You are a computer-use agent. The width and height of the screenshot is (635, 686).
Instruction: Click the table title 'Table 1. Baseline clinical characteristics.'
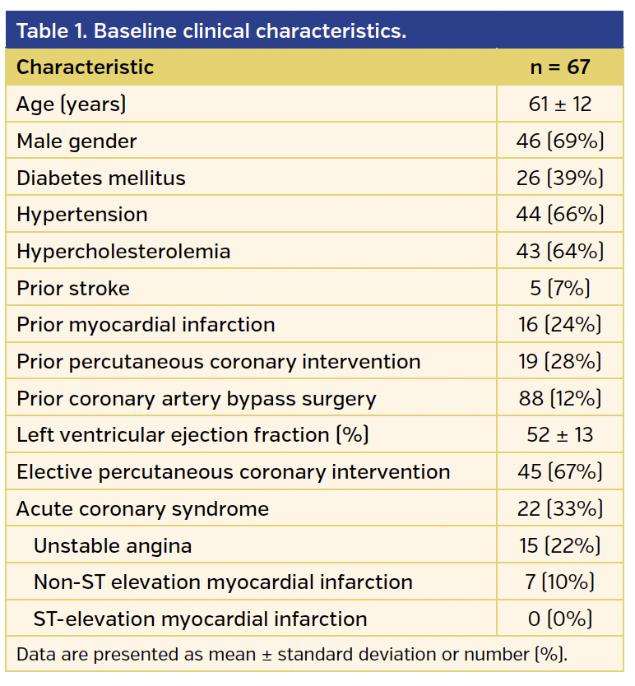click(x=211, y=31)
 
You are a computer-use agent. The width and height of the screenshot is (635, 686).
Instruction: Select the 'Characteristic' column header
click(x=86, y=67)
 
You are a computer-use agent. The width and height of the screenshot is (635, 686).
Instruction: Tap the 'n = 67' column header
click(x=559, y=67)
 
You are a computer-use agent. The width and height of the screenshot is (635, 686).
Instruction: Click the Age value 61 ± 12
click(x=559, y=104)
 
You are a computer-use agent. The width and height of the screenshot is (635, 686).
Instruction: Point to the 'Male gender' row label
click(x=76, y=141)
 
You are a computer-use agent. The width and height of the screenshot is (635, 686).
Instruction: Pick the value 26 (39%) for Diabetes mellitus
click(x=559, y=178)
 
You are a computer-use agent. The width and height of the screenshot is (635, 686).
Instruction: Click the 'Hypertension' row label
click(x=82, y=215)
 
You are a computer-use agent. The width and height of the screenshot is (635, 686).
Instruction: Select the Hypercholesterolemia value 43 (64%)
click(x=559, y=252)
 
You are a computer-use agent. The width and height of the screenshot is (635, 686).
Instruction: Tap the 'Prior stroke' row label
click(x=73, y=289)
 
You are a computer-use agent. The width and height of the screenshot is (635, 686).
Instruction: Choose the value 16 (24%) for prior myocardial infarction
click(x=559, y=325)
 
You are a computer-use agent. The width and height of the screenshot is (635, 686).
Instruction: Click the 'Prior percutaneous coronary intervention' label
click(x=218, y=362)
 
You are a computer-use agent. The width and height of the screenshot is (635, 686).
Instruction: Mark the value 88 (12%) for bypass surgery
click(x=559, y=399)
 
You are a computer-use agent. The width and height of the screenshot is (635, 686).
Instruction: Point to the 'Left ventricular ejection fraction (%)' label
click(x=192, y=435)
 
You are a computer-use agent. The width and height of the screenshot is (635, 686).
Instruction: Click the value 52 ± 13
click(x=559, y=435)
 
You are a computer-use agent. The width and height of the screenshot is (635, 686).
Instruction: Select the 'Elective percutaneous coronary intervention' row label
click(x=233, y=472)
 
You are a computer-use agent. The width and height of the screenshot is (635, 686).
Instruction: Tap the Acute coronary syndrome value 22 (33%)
click(x=559, y=509)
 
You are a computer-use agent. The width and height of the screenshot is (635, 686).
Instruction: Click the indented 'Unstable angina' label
click(x=113, y=545)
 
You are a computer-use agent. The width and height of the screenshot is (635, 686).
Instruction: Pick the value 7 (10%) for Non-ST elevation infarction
click(x=559, y=582)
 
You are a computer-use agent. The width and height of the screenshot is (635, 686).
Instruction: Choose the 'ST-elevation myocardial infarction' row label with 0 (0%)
click(x=200, y=619)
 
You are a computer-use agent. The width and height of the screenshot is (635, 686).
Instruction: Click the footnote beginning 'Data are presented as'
click(x=292, y=655)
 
